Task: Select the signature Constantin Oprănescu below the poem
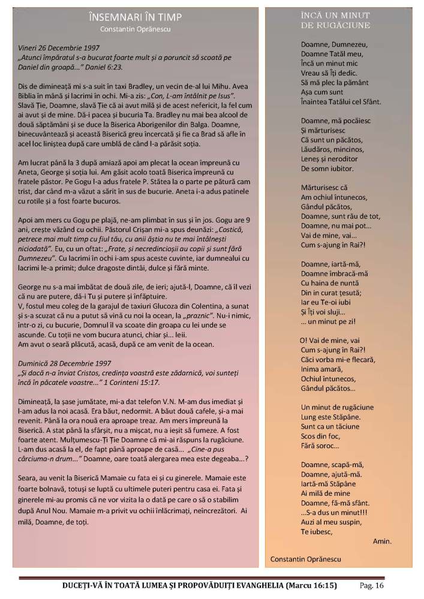pyautogui.click(x=306, y=558)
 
